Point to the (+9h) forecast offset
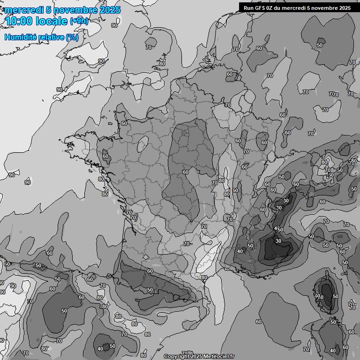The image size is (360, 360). [78, 21]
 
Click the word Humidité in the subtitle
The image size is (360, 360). [19, 37]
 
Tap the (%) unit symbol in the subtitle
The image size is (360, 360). [72, 37]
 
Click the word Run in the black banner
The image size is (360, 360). [249, 8]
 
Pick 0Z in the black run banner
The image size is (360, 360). [272, 8]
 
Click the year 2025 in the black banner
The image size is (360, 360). [343, 8]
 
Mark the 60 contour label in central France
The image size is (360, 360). [186, 172]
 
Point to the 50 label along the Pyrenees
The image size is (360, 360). [150, 290]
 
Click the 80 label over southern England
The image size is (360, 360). [162, 64]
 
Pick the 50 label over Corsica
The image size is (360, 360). [335, 296]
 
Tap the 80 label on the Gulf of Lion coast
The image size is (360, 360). [204, 277]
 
